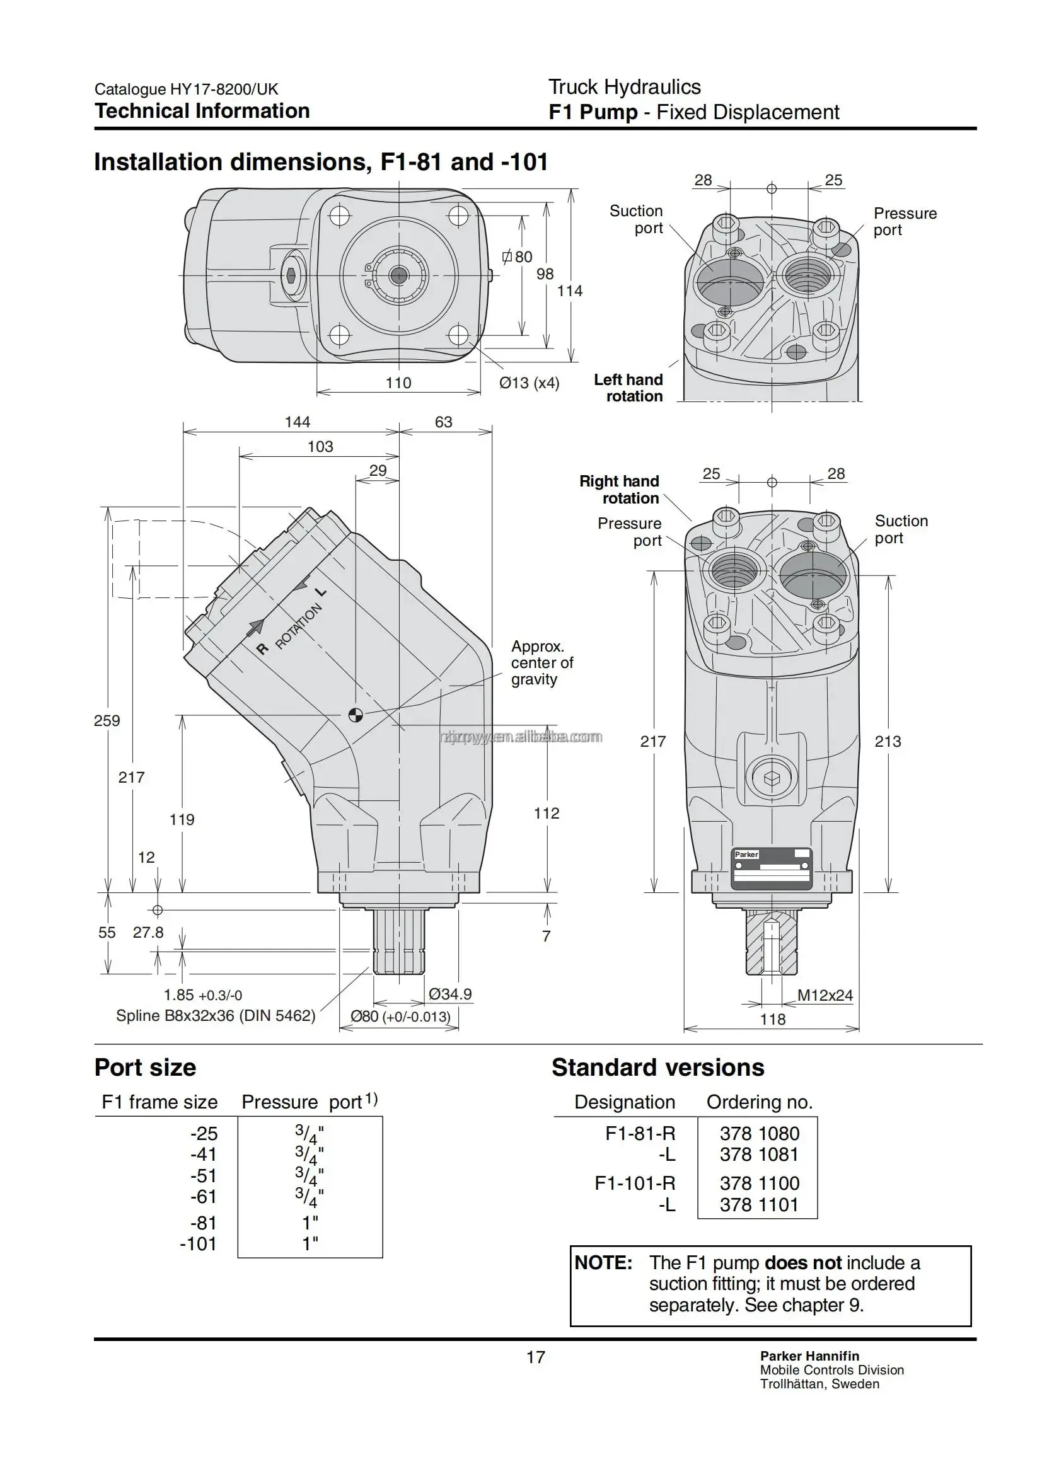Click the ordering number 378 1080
pyautogui.click(x=760, y=1134)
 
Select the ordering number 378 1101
pyautogui.click(x=760, y=1205)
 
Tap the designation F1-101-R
pyautogui.click(x=635, y=1183)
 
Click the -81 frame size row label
pyautogui.click(x=204, y=1223)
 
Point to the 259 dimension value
pyautogui.click(x=107, y=720)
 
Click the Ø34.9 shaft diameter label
pyautogui.click(x=450, y=994)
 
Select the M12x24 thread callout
pyautogui.click(x=825, y=995)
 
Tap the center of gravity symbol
pyautogui.click(x=355, y=715)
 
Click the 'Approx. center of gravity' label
pyautogui.click(x=542, y=662)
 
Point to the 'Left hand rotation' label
pyautogui.click(x=628, y=388)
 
